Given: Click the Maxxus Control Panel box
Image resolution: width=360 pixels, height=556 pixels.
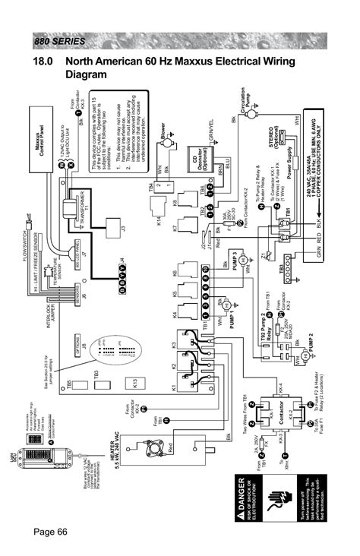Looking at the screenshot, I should (39, 142).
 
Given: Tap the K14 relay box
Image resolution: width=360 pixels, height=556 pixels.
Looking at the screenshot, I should (170, 222).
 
